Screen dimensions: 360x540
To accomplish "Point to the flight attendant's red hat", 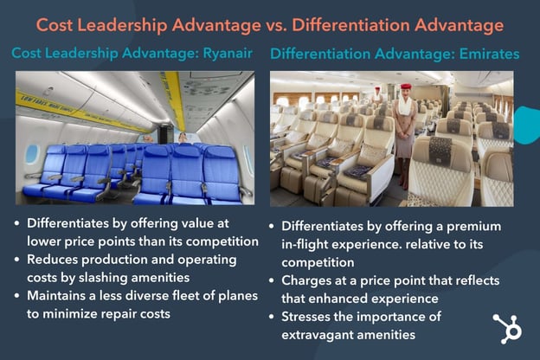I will [x=405, y=87].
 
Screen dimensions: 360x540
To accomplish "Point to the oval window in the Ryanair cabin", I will [x=32, y=153].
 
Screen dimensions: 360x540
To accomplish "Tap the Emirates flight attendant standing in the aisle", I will [x=404, y=130].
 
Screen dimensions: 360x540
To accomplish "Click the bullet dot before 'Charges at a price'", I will [x=274, y=280].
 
